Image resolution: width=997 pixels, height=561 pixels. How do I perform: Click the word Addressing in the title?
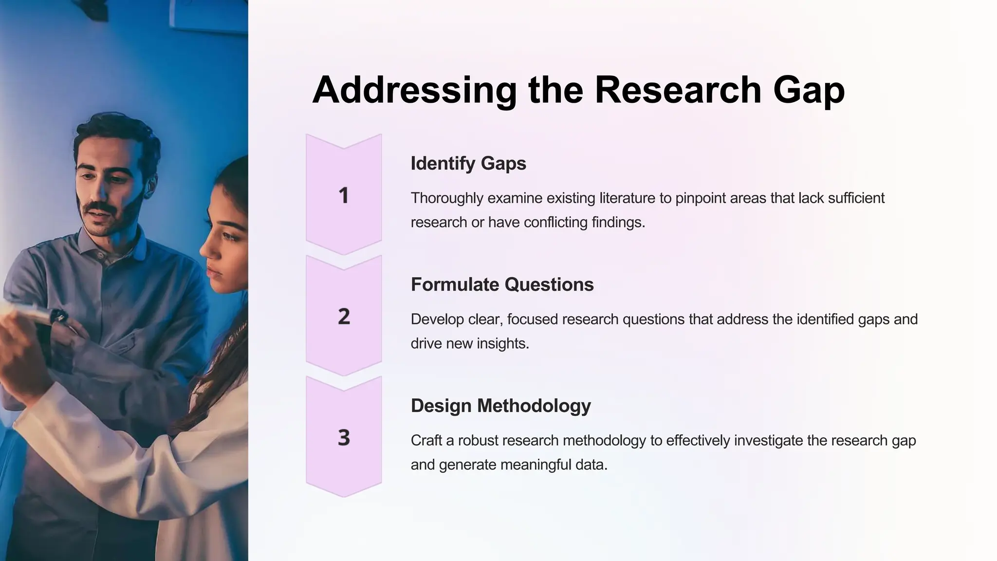(x=414, y=90)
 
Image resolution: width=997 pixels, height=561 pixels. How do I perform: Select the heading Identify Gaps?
(x=468, y=163)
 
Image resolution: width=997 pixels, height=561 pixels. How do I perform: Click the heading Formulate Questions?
(x=502, y=284)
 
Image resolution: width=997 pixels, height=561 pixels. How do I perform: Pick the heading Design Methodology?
(x=500, y=406)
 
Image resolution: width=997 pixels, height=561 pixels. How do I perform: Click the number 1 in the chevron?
(x=344, y=195)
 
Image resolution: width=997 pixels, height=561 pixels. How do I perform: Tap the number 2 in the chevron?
(x=344, y=317)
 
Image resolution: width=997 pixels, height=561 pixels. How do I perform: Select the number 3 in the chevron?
(x=344, y=437)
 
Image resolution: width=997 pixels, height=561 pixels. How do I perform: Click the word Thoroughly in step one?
(x=447, y=198)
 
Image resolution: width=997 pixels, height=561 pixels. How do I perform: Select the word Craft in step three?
(x=425, y=441)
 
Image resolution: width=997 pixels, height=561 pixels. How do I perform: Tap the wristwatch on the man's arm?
(x=59, y=317)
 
